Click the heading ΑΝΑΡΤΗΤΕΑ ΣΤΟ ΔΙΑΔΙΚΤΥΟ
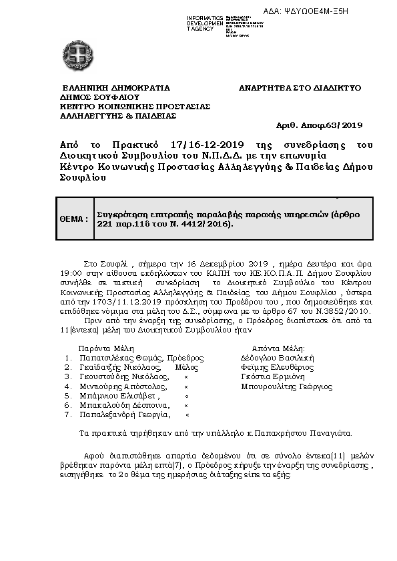(300, 87)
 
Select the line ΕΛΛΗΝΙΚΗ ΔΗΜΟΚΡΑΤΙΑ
(116, 87)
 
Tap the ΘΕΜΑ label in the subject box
(74, 218)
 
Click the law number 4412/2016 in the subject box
(212, 224)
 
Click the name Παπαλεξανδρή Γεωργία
(122, 414)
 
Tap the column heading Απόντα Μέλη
(278, 348)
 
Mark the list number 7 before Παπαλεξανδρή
(67, 414)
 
